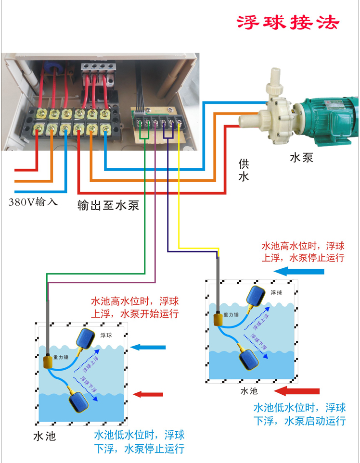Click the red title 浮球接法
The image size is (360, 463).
(x=288, y=22)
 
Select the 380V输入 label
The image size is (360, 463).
(x=33, y=202)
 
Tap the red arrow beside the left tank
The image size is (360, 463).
(x=148, y=394)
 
